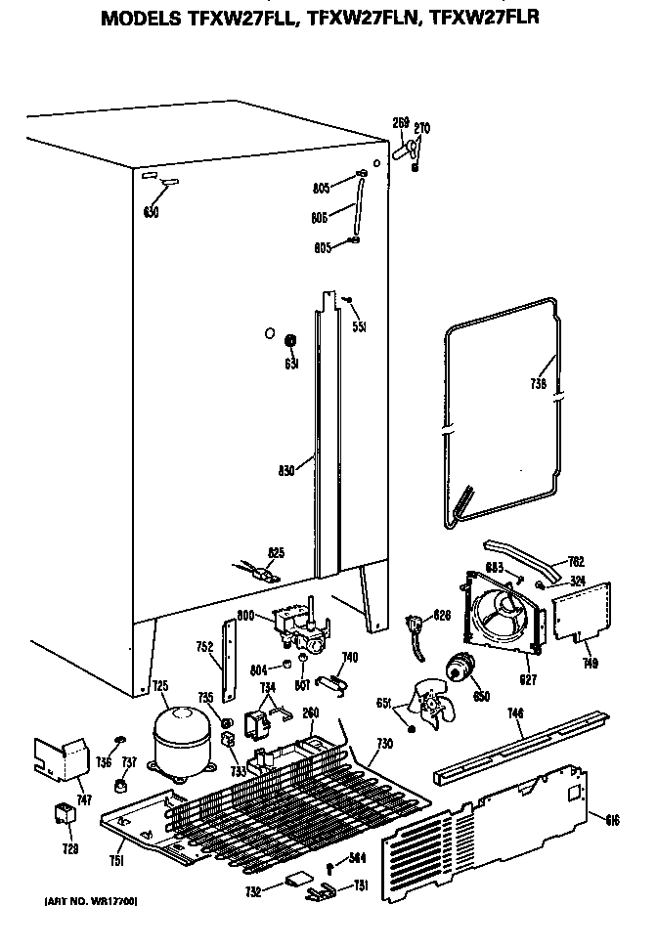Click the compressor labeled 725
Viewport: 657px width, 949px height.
click(x=178, y=743)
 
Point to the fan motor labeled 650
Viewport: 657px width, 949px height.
click(x=457, y=670)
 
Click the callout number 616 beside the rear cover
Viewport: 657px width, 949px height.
click(x=612, y=817)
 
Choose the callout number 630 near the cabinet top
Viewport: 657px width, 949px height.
click(x=152, y=212)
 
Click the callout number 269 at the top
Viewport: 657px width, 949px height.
click(x=400, y=124)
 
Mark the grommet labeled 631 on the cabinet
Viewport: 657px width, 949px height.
click(x=290, y=341)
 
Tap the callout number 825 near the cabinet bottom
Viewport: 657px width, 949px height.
click(x=276, y=553)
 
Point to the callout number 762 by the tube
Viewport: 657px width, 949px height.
click(x=576, y=562)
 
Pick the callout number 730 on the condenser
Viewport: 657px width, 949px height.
click(x=384, y=745)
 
